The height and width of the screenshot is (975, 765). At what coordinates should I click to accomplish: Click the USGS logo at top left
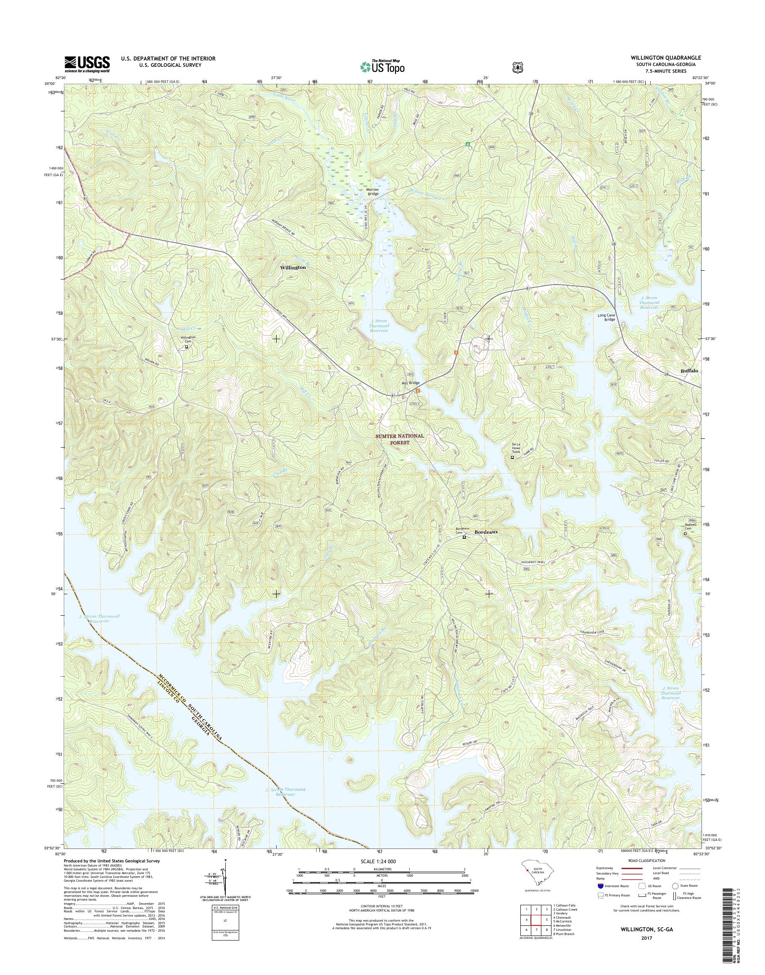(87, 64)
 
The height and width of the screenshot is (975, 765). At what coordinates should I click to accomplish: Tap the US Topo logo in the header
(382, 67)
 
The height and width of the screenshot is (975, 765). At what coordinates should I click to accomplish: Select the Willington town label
(293, 267)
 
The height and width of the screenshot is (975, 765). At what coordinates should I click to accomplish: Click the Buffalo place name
(689, 371)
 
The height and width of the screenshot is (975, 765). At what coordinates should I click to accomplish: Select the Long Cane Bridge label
(607, 318)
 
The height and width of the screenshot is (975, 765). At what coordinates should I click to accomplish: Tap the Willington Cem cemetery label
(187, 339)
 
